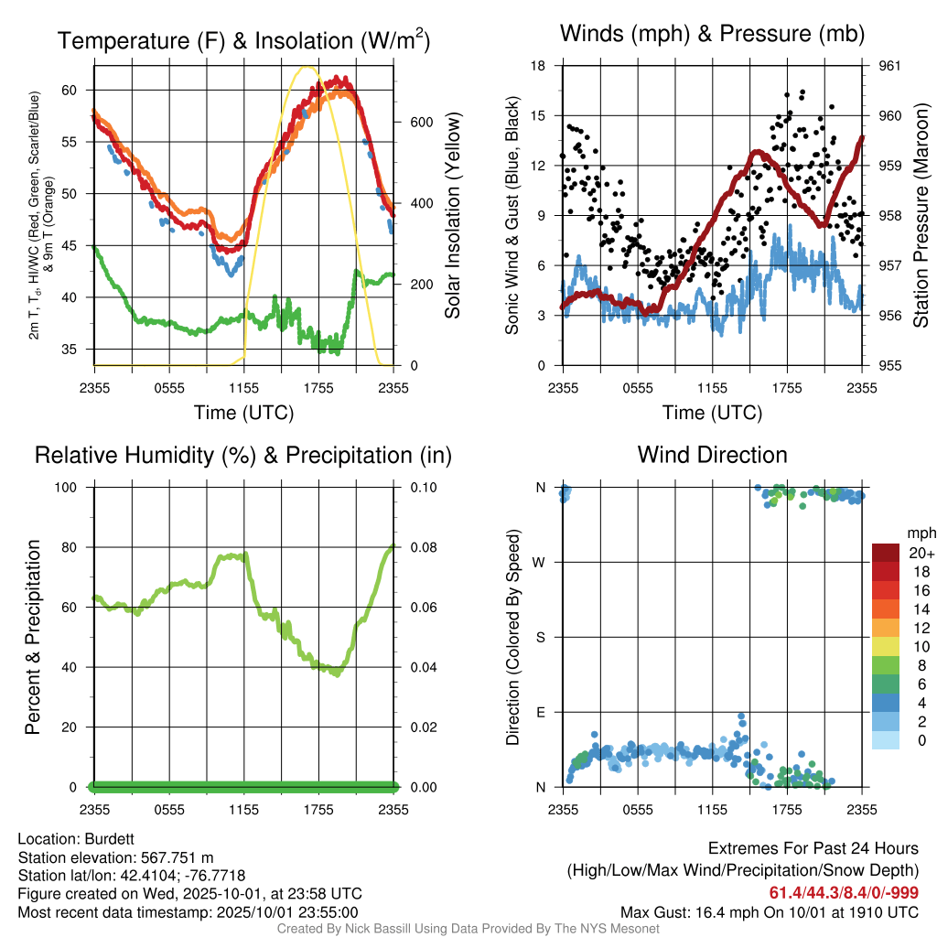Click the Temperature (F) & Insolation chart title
tap(244, 40)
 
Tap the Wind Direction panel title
tap(712, 454)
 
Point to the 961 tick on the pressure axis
tap(889, 66)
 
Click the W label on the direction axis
tap(540, 562)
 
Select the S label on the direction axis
tap(541, 637)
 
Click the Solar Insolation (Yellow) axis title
tap(453, 216)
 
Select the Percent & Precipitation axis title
tap(32, 637)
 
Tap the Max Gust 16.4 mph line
tap(769, 911)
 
